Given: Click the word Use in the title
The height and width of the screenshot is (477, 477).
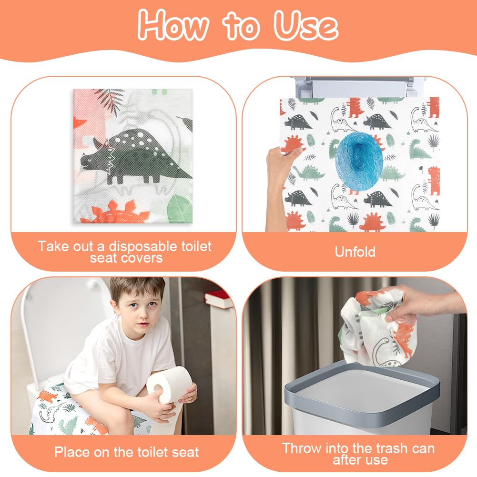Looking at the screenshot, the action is click(306, 26).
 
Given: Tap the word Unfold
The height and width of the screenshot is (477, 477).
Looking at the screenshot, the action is click(355, 252).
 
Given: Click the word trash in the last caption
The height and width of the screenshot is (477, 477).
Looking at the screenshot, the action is click(391, 448).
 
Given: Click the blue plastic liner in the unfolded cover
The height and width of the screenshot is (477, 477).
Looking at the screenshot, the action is click(359, 160).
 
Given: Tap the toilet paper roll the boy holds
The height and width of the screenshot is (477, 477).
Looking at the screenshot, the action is click(169, 384).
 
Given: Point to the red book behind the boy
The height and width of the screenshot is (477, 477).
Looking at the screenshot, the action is click(218, 298).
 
